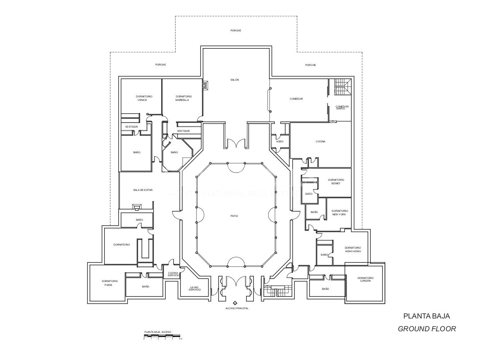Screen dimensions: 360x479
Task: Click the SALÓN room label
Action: click(x=234, y=80)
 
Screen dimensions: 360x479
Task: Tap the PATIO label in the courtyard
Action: click(x=234, y=216)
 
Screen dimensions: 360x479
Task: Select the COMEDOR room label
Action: click(x=296, y=99)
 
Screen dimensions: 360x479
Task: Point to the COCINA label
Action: click(x=320, y=142)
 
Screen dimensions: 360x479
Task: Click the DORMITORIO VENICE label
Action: click(x=144, y=98)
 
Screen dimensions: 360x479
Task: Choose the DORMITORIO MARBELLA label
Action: click(x=183, y=98)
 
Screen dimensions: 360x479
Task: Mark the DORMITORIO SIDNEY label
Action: click(x=336, y=182)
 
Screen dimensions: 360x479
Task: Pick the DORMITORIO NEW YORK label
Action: click(x=339, y=213)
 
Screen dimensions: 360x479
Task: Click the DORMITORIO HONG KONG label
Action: click(x=353, y=249)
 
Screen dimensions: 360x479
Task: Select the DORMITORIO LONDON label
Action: click(x=365, y=279)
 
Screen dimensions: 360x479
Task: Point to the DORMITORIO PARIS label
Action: click(x=110, y=283)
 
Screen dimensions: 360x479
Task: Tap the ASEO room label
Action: click(x=279, y=142)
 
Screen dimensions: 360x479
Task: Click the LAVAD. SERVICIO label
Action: click(x=195, y=289)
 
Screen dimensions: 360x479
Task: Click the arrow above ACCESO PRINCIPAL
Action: click(x=235, y=303)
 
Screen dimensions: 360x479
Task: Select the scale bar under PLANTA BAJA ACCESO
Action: click(x=162, y=336)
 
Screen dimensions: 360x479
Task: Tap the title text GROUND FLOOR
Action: click(x=427, y=329)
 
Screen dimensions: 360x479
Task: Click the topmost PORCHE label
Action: click(x=236, y=31)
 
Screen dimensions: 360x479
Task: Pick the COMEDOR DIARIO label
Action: click(x=342, y=107)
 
